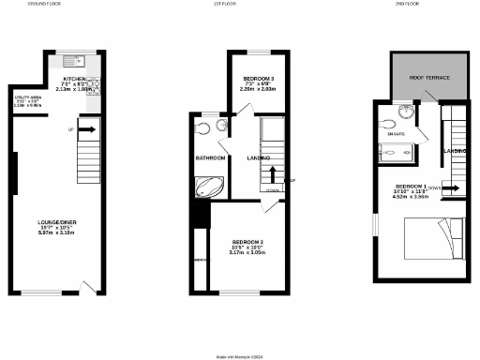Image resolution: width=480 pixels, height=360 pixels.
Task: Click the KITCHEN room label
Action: tap(74, 79)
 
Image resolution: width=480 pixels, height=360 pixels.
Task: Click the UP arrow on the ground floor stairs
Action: tap(85, 128)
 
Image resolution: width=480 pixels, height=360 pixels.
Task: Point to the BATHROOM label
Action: tap(210, 158)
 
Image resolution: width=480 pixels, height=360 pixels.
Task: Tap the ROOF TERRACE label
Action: tap(430, 78)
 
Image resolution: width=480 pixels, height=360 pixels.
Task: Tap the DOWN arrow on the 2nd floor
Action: tap(452, 187)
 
